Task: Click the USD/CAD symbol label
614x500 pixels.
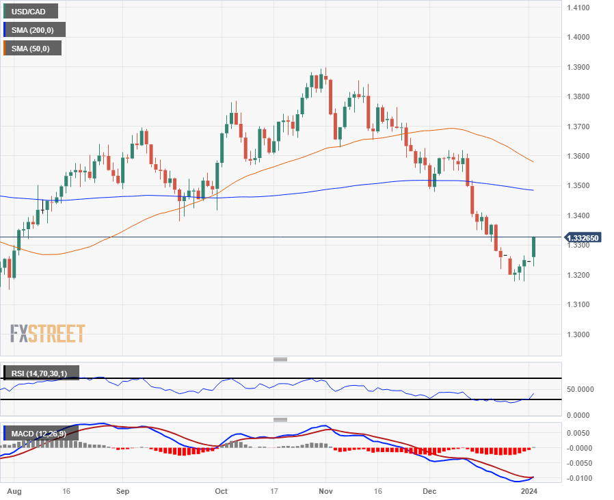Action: (31, 11)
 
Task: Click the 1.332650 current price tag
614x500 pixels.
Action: (583, 237)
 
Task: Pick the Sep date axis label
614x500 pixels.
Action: (122, 491)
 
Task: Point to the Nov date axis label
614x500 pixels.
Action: (326, 491)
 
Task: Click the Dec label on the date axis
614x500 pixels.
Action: (429, 491)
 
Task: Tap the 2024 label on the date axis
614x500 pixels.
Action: (529, 491)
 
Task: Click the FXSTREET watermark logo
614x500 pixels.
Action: (48, 334)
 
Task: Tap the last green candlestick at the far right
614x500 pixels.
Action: (534, 247)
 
